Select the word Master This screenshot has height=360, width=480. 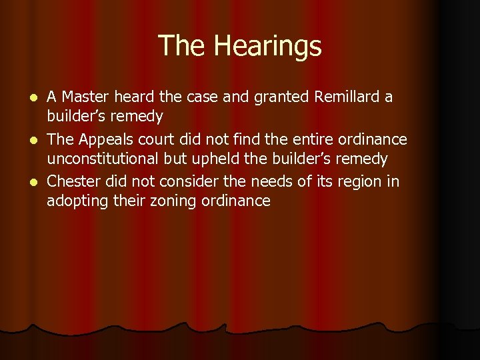pyautogui.click(x=82, y=97)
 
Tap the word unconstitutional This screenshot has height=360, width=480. pyautogui.click(x=103, y=159)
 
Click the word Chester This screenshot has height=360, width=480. pyautogui.click(x=70, y=181)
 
